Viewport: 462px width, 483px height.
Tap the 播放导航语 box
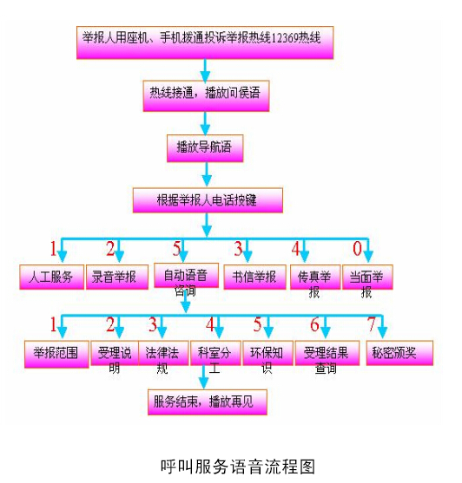pos(204,147)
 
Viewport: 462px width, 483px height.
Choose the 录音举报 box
pos(112,277)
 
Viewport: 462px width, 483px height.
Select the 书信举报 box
pos(251,277)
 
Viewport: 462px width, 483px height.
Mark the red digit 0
pos(356,251)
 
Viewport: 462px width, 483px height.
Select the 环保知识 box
pos(264,356)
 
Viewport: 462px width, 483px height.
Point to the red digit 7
pos(372,325)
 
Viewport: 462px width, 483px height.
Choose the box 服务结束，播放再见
pos(206,401)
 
